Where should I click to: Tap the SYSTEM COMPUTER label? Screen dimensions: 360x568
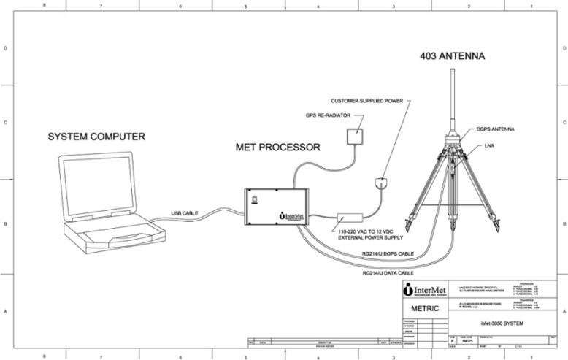tap(96, 137)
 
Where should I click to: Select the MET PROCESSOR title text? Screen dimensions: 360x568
tap(277, 147)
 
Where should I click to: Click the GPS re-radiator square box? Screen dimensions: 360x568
tap(357, 137)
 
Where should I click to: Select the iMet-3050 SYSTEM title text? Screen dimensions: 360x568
tap(502, 322)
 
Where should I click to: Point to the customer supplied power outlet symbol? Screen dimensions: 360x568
tap(380, 183)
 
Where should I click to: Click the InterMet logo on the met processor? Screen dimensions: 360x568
tap(291, 216)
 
